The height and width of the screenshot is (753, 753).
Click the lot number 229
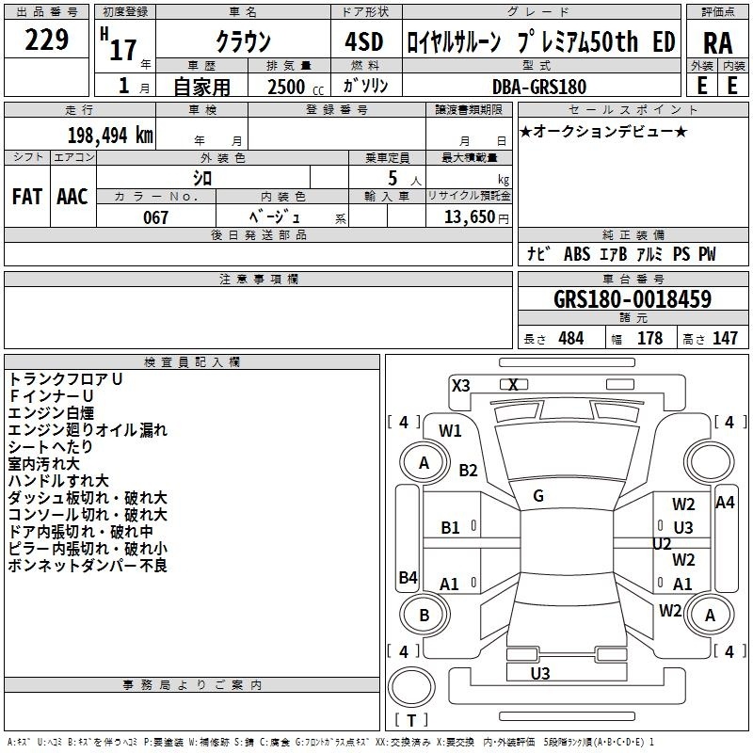[46, 40]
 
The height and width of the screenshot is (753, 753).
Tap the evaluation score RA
[717, 43]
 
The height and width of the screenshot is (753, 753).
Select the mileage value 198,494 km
[110, 136]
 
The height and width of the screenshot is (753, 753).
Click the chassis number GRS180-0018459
[633, 299]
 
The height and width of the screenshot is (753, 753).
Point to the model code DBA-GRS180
[539, 87]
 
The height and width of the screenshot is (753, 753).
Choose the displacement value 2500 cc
[296, 87]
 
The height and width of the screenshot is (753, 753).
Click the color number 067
[155, 217]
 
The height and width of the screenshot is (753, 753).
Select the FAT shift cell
[27, 197]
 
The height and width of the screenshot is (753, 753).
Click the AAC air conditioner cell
[72, 197]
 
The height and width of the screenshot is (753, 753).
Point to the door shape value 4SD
[364, 41]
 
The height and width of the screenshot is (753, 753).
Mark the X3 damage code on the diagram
[460, 386]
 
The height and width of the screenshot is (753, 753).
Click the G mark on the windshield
[538, 496]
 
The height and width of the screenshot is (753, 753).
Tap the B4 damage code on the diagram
[409, 577]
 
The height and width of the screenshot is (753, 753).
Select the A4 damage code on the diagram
[725, 503]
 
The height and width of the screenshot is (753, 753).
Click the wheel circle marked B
[425, 616]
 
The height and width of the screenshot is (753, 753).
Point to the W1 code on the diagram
[450, 431]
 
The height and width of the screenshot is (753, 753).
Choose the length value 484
[571, 338]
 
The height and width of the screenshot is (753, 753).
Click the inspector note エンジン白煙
[51, 413]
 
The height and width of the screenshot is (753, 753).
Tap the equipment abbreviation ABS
[577, 254]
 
